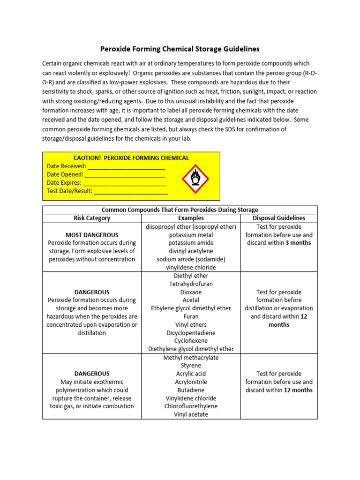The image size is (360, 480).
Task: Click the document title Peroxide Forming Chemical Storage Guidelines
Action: coord(180,49)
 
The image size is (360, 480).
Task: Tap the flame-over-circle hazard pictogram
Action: coord(195,179)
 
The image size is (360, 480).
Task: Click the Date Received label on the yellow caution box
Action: coord(67,166)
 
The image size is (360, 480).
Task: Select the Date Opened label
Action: coord(65,174)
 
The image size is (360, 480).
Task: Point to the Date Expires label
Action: coord(64,183)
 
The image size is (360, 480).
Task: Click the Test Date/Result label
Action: coord(70,191)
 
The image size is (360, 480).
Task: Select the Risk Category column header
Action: coord(92,218)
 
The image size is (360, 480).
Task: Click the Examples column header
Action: coord(191,218)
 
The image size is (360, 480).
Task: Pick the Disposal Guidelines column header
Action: coord(278,218)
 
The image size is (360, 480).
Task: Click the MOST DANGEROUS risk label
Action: coord(92,235)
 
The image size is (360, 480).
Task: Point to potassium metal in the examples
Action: coord(191,235)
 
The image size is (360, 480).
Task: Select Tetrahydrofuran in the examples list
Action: coord(191,284)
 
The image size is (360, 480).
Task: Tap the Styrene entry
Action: coord(191,366)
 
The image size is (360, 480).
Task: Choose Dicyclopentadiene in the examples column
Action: coord(191,333)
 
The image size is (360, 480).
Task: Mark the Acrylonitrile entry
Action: coord(191,382)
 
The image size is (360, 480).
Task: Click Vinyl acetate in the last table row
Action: coord(191,414)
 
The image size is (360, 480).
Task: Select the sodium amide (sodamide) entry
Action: coord(191,259)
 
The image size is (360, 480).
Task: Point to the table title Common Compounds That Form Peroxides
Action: coord(180,210)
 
